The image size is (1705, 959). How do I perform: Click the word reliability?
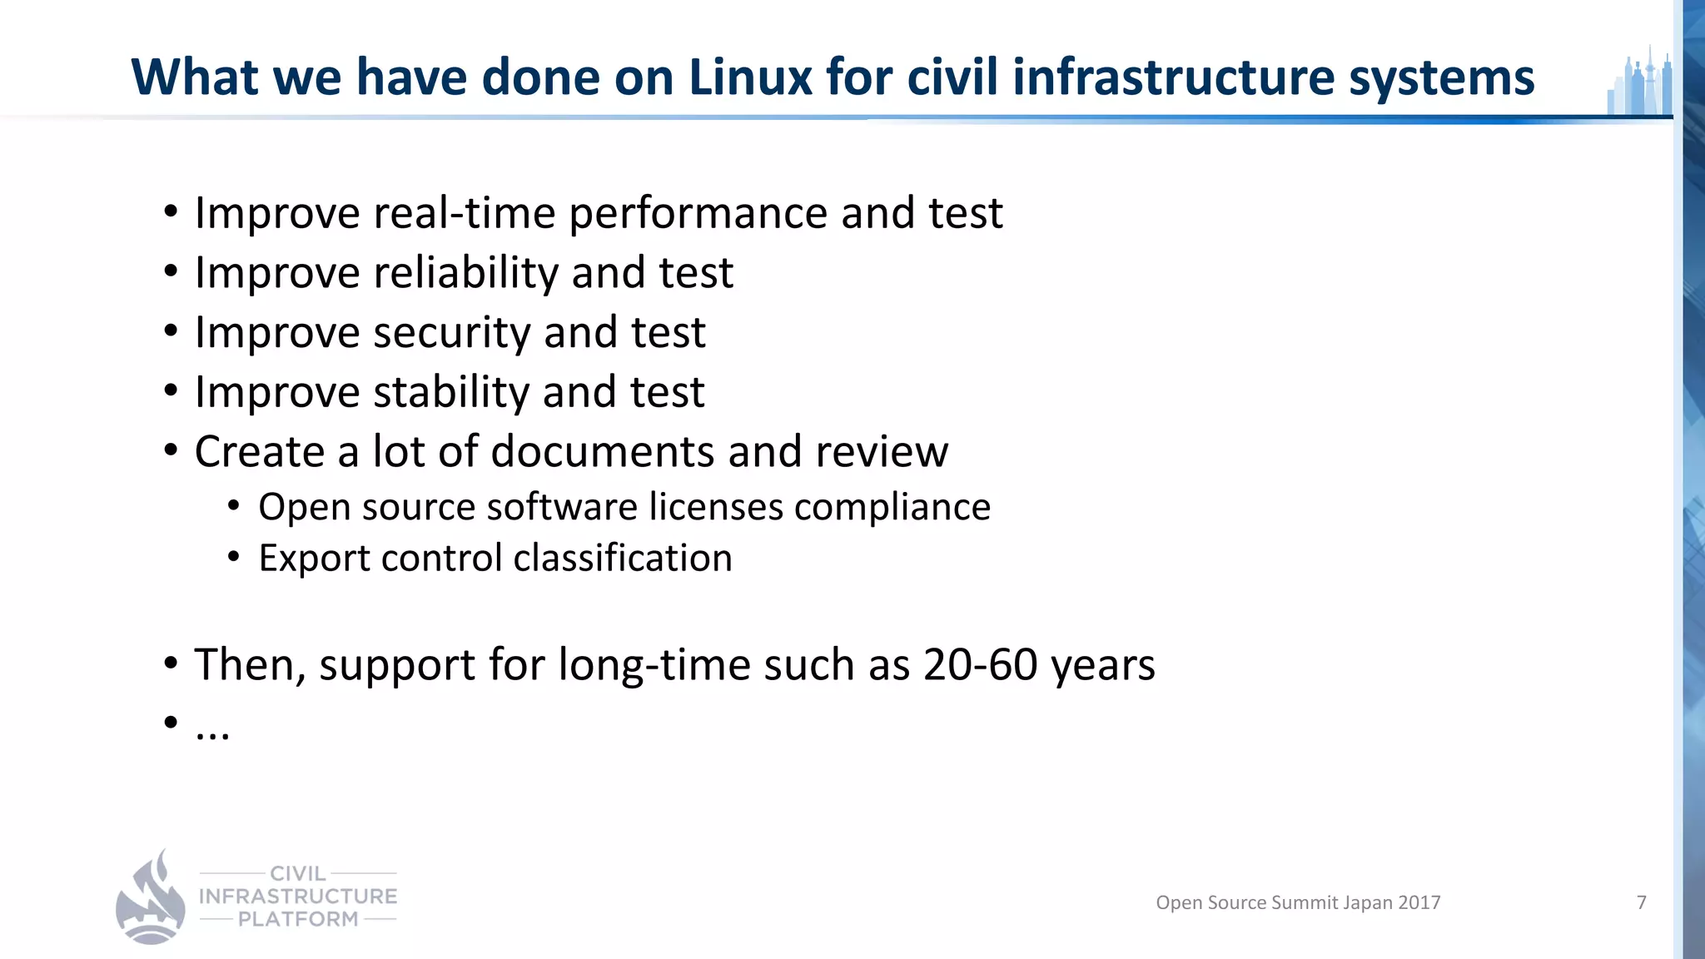pyautogui.click(x=466, y=273)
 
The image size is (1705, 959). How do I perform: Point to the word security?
pyautogui.click(x=451, y=333)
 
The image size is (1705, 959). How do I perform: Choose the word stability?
pyautogui.click(x=450, y=392)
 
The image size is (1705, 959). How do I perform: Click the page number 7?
pyautogui.click(x=1641, y=902)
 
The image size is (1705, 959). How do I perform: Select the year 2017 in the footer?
pyautogui.click(x=1419, y=902)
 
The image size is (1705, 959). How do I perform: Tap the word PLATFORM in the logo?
pyautogui.click(x=298, y=919)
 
